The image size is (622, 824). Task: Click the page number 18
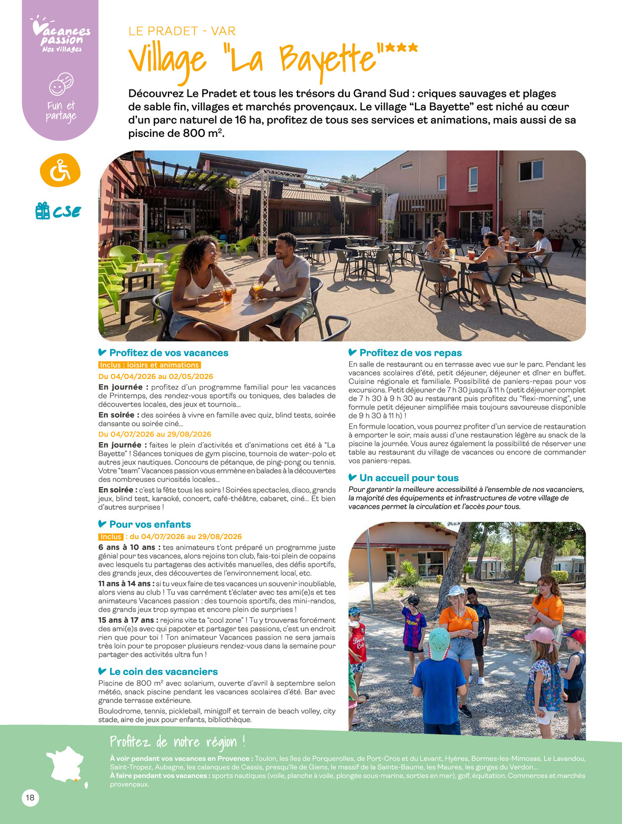tap(30, 798)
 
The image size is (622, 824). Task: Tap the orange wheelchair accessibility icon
tap(60, 171)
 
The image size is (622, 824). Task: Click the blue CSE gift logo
tap(58, 211)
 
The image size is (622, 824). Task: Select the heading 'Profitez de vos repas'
tap(410, 353)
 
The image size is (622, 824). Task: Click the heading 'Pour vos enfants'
tap(150, 524)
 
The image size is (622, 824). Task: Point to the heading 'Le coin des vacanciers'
tap(163, 672)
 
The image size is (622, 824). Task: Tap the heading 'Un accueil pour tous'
tap(409, 478)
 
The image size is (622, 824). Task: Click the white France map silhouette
tap(66, 764)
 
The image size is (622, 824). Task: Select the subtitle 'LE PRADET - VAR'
tap(182, 31)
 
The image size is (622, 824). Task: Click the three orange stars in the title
tap(401, 48)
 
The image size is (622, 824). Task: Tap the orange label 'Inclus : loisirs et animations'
tap(150, 365)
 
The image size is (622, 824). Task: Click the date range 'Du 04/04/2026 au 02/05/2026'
tap(156, 376)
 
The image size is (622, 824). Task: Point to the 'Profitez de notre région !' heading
tap(177, 742)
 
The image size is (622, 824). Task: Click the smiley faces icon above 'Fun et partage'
tap(61, 84)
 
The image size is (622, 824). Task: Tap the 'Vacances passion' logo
tap(60, 36)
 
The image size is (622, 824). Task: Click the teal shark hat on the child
tap(439, 641)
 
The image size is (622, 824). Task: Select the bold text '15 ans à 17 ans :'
tap(128, 620)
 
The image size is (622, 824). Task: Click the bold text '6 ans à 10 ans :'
tap(129, 548)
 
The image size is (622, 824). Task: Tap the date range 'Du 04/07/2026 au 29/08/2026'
tap(155, 434)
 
